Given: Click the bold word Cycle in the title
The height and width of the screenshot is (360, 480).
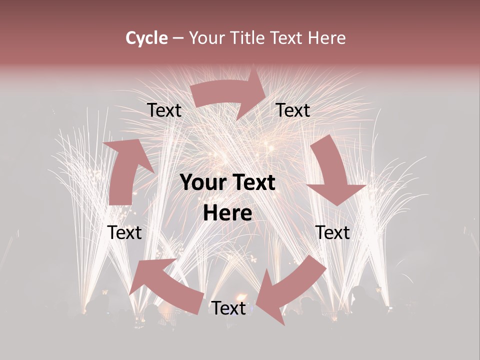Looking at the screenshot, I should pyautogui.click(x=146, y=38).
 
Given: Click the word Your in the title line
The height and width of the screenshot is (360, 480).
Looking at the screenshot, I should pyautogui.click(x=206, y=38).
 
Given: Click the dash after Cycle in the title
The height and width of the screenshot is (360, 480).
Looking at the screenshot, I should pyautogui.click(x=178, y=38).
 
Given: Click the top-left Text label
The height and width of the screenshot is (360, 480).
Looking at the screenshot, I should pyautogui.click(x=164, y=110).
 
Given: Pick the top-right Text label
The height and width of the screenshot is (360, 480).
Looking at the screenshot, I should pyautogui.click(x=293, y=110).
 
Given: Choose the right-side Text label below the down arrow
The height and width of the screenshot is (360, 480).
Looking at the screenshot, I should pyautogui.click(x=332, y=232).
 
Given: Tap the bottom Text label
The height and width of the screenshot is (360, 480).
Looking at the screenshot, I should pyautogui.click(x=229, y=308).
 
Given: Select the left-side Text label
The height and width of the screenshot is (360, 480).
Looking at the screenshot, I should pyautogui.click(x=125, y=232).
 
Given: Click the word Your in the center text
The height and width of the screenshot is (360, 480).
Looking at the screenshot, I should pyautogui.click(x=202, y=183).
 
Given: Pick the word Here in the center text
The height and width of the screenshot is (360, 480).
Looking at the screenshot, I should pyautogui.click(x=227, y=213).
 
